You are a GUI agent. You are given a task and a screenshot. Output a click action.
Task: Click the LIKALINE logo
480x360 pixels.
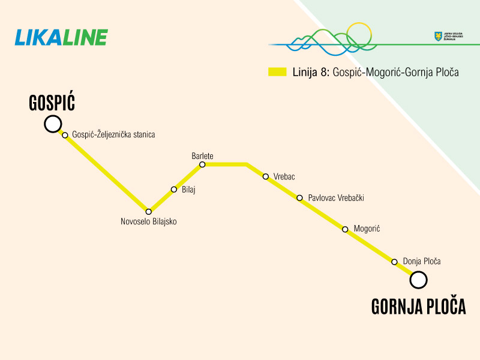tap(61, 37)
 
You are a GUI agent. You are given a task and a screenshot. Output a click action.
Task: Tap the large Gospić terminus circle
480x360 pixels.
tap(53, 124)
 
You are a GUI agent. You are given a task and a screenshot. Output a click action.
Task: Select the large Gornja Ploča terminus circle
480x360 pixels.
tap(418, 280)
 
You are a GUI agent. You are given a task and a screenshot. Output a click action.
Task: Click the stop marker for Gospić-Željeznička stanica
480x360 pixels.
tap(65, 135)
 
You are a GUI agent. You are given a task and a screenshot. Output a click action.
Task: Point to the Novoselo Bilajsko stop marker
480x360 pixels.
tap(149, 211)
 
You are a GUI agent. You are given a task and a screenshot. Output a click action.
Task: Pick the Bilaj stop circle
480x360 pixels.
tap(174, 190)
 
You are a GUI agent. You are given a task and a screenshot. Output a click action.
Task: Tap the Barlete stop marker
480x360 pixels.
tap(202, 164)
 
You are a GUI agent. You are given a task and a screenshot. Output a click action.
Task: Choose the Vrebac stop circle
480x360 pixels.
tap(266, 176)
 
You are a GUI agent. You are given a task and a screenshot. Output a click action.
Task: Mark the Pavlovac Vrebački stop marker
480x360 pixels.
tap(300, 197)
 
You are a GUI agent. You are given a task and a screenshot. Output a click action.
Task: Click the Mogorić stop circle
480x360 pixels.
tap(345, 229)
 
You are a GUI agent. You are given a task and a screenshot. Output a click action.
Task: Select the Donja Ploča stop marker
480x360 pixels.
tap(394, 262)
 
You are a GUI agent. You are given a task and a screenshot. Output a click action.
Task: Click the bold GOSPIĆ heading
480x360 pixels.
tap(52, 103)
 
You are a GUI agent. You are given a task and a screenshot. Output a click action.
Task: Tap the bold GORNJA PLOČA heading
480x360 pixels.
tap(419, 307)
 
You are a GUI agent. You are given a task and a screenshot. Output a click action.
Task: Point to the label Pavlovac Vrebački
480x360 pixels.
tap(336, 197)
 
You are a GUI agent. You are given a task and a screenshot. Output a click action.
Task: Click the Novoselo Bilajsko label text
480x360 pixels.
tap(149, 221)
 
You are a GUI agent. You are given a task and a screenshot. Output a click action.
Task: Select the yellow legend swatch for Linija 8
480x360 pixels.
tap(277, 72)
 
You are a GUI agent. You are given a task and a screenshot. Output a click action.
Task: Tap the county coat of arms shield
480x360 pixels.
tap(438, 37)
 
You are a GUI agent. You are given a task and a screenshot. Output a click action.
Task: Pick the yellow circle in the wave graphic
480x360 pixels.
tap(360, 35)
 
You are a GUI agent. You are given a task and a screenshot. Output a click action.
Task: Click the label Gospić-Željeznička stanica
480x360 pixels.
tap(113, 135)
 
